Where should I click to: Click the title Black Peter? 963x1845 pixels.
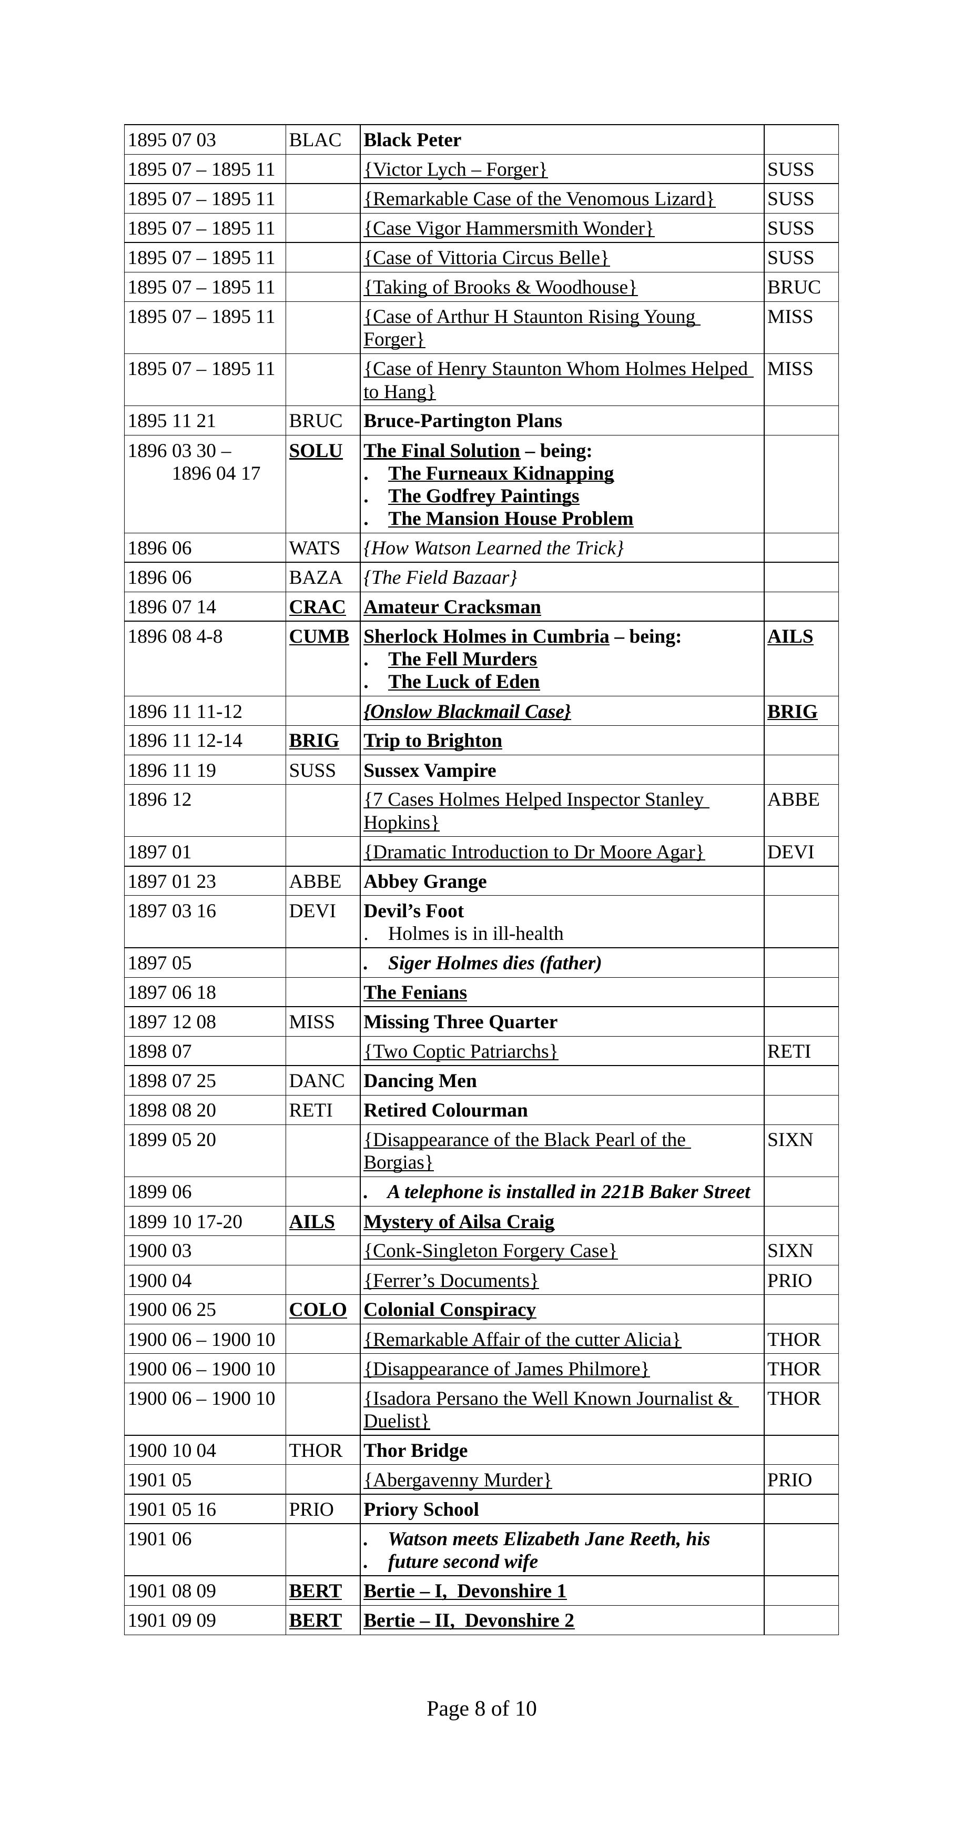tap(412, 140)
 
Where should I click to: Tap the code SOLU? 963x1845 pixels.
tap(316, 451)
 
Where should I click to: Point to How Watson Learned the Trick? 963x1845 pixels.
tap(493, 548)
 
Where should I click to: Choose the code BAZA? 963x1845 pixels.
tap(315, 577)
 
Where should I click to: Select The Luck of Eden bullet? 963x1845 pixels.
tap(463, 681)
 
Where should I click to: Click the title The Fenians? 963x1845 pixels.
tap(414, 992)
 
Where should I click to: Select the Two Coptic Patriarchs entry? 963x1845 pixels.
tap(460, 1051)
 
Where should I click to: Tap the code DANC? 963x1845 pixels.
tap(317, 1080)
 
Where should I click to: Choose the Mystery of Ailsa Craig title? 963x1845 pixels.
tap(458, 1221)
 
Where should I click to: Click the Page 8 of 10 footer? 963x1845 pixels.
tap(481, 1708)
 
